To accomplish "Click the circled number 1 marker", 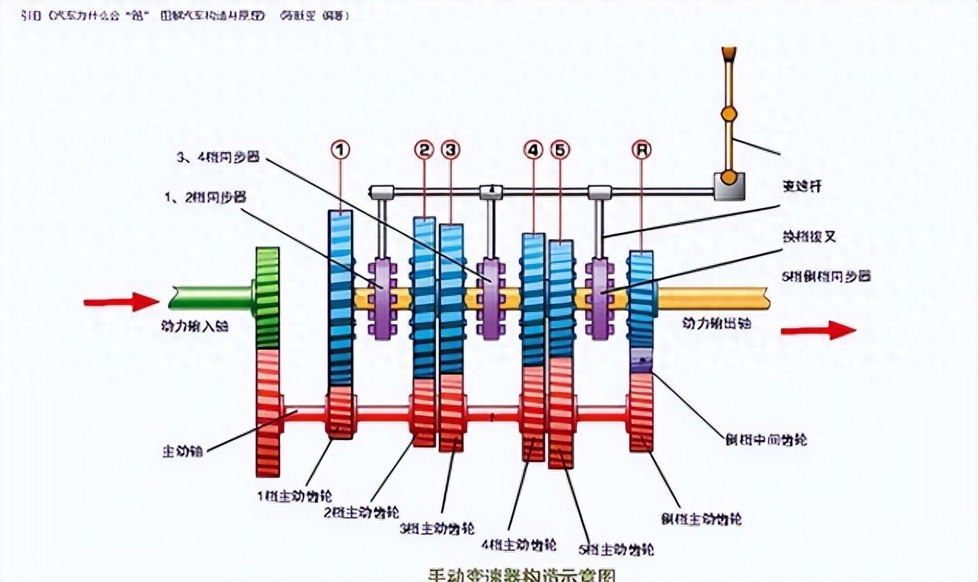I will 341,149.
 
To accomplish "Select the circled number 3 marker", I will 451,149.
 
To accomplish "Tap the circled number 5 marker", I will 559,149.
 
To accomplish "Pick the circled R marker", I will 641,149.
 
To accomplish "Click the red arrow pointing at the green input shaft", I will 121,301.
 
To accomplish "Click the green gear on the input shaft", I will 268,298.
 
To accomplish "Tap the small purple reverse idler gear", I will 640,362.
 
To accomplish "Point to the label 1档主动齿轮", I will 295,497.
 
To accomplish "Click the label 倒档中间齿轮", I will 766,440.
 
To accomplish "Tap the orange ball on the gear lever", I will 728,113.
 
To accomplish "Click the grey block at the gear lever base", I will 728,186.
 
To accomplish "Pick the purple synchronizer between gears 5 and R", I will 600,298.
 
